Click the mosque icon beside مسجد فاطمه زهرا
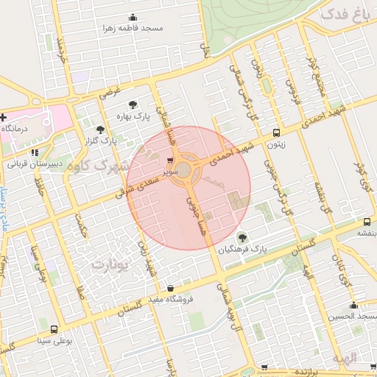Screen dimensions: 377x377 click(133, 18)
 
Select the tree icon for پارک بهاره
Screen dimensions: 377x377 click(133, 105)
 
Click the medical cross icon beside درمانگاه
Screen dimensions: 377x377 click(4, 117)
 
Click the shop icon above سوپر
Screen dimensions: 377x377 click(171, 160)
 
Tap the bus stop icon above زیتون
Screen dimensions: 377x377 click(276, 133)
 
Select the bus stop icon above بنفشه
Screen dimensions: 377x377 click(367, 222)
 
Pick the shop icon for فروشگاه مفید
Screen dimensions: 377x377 click(171, 288)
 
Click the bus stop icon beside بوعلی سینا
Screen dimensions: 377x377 click(54, 329)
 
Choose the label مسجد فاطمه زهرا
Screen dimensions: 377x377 click(133, 28)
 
